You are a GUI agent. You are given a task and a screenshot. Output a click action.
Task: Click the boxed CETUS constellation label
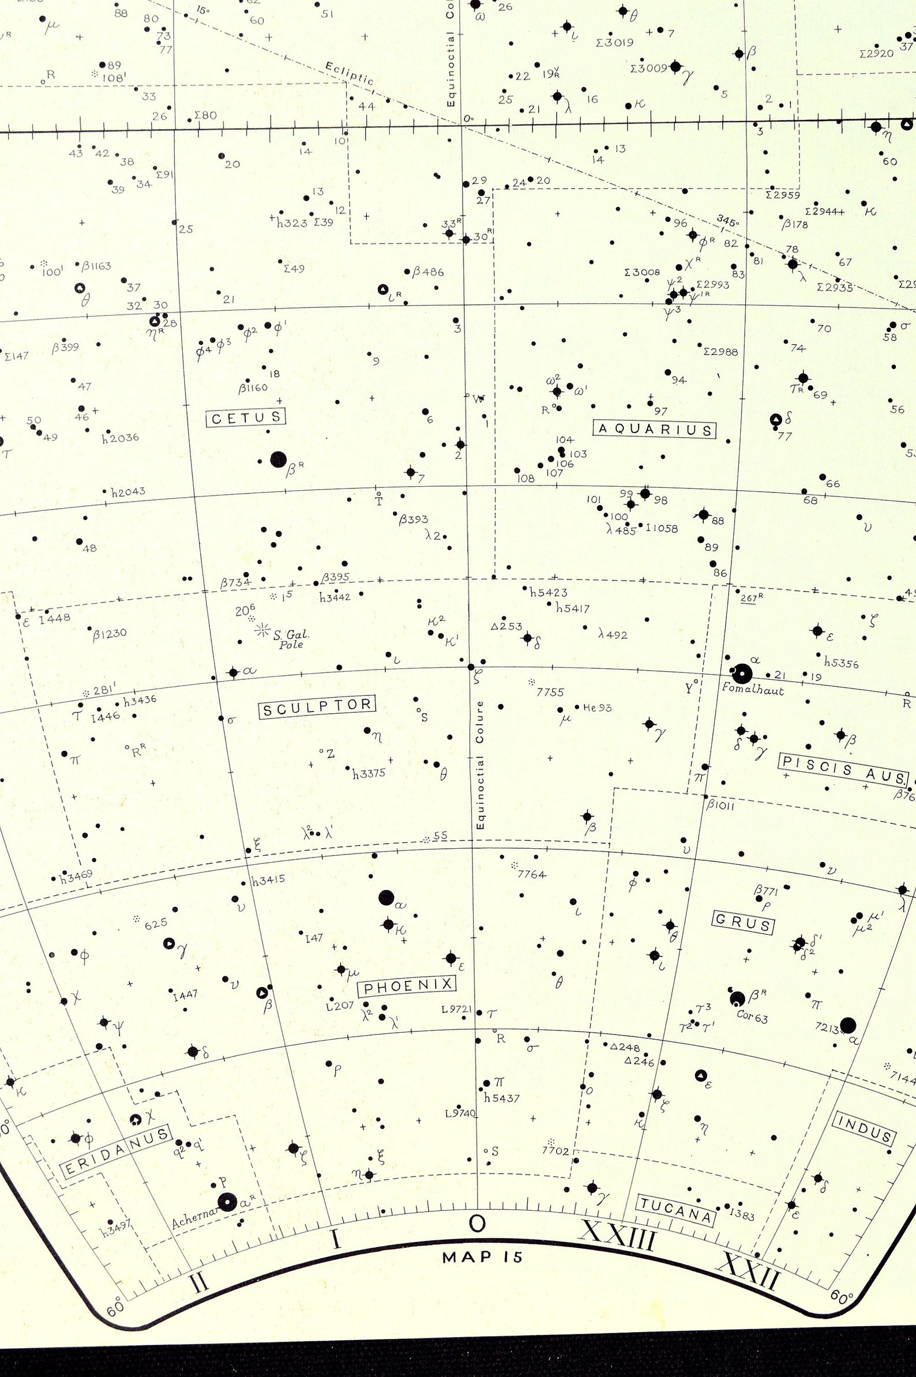(x=246, y=417)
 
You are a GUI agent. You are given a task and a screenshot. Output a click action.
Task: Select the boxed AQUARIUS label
(x=655, y=430)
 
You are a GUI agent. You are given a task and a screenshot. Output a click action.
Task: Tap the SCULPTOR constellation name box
(x=317, y=707)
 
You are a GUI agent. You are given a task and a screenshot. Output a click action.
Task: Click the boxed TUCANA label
(x=675, y=1210)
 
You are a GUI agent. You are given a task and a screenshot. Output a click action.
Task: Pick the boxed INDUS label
(x=865, y=1129)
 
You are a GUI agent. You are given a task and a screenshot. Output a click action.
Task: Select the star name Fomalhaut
(x=752, y=689)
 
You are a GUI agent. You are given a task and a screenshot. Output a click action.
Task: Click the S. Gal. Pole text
(x=291, y=639)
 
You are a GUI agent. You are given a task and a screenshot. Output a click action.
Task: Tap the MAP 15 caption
(x=483, y=1256)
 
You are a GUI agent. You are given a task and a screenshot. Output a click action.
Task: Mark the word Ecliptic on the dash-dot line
(x=349, y=74)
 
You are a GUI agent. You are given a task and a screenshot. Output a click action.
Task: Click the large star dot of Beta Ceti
(x=279, y=460)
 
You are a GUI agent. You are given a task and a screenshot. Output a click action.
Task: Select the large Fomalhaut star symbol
(x=742, y=674)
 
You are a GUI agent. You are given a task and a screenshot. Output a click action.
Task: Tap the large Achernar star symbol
(x=227, y=1202)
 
